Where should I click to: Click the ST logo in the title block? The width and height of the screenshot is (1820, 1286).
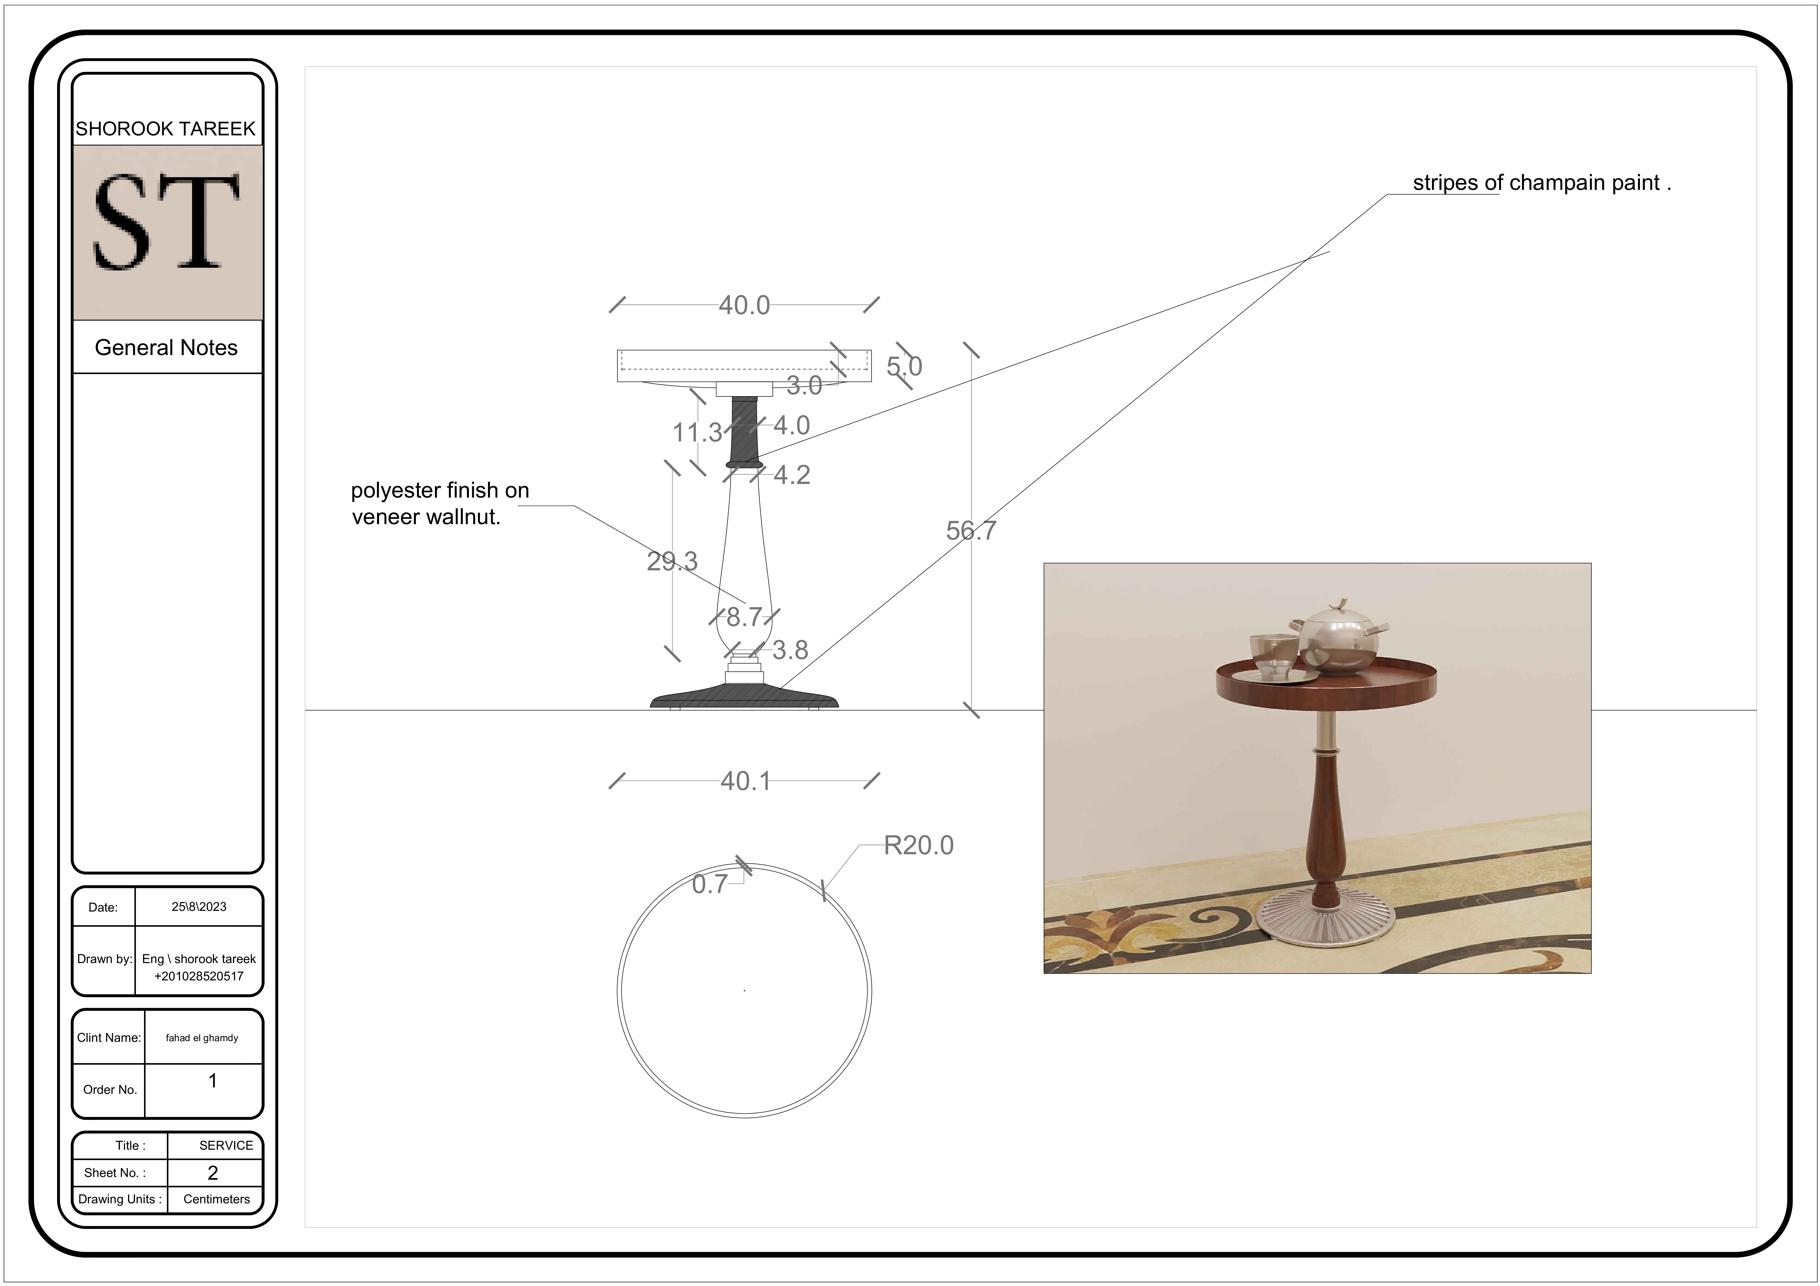(x=166, y=222)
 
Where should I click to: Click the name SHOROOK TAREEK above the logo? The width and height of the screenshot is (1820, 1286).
(x=166, y=129)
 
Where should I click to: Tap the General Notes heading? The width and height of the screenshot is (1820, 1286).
(x=166, y=348)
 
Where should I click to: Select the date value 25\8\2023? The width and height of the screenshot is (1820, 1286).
(x=199, y=906)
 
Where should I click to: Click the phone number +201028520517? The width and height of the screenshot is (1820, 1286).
(x=199, y=976)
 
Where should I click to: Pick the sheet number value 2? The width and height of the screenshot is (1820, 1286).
(x=212, y=1173)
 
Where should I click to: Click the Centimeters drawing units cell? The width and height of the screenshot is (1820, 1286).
(x=216, y=1199)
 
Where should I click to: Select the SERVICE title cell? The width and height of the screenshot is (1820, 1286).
(x=226, y=1145)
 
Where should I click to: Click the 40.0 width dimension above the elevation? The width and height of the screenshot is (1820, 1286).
(x=743, y=305)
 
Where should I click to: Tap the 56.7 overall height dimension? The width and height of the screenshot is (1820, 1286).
(x=971, y=531)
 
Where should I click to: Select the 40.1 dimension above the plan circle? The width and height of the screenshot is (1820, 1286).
(x=745, y=781)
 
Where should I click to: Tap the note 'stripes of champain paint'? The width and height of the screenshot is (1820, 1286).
(x=1541, y=183)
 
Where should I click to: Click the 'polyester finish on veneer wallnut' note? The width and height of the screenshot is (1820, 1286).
(x=440, y=503)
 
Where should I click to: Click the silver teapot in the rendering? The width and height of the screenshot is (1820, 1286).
(x=1340, y=638)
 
